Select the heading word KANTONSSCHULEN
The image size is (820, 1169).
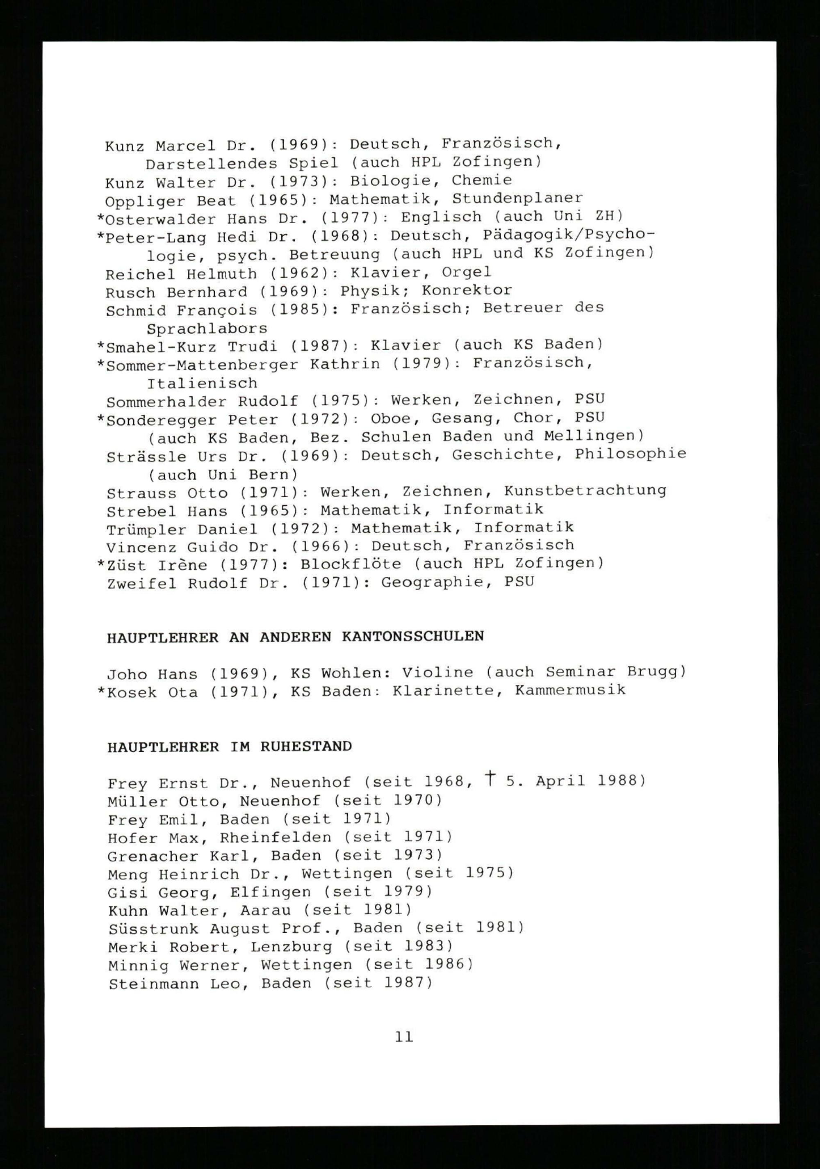[x=413, y=637]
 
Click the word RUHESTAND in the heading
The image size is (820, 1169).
[x=306, y=747]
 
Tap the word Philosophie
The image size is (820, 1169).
[x=631, y=454]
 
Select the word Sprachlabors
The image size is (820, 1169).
[x=207, y=329]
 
